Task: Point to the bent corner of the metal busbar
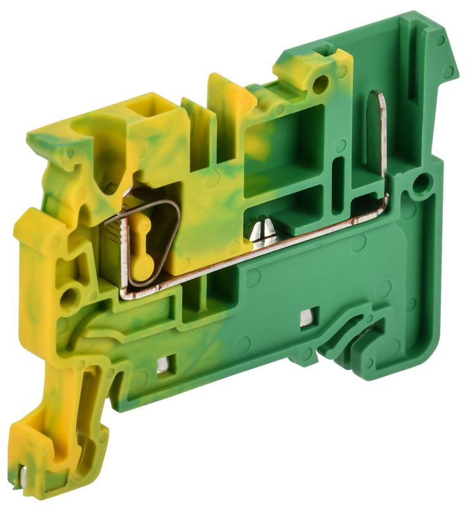tap(383, 202)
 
